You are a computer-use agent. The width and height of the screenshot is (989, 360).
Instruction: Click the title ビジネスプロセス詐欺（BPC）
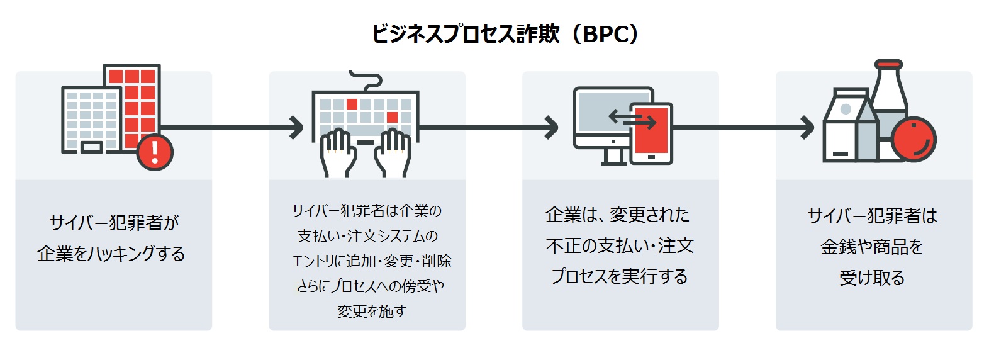pos(505,34)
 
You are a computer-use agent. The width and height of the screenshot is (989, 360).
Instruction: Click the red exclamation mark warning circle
pos(154,152)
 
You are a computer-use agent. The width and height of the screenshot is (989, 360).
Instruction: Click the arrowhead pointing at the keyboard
pos(298,127)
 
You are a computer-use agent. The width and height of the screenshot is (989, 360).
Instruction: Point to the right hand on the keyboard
pos(393,151)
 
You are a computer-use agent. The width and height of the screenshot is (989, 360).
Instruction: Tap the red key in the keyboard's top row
pos(352,104)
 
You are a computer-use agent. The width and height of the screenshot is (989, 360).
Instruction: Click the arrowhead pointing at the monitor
pos(551,127)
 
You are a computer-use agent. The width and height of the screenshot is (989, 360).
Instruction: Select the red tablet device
pos(651,133)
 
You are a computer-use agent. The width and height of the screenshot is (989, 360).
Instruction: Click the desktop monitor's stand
pos(613,156)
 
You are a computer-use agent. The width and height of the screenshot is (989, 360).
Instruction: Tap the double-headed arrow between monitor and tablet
pos(632,118)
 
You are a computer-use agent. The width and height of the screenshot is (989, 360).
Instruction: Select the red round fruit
pos(913,139)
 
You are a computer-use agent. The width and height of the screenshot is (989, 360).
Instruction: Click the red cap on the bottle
pos(888,64)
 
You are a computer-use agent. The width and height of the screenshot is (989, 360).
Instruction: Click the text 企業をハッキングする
pos(111,254)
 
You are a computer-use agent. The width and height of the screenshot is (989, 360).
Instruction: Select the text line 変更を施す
pos(371,311)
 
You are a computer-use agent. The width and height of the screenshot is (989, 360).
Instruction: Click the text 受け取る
pos(872,278)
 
